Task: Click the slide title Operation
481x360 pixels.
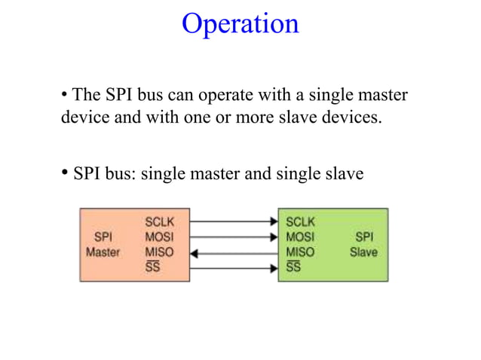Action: (240, 23)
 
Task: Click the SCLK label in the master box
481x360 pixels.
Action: (159, 222)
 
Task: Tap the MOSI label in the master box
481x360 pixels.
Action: (158, 237)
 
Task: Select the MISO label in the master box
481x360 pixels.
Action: (158, 252)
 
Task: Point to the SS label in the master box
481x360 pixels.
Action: (152, 267)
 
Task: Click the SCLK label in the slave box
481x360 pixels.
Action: (301, 222)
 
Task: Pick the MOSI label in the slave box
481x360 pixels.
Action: (300, 237)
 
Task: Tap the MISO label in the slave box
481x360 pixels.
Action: (300, 252)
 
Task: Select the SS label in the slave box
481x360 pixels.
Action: (293, 267)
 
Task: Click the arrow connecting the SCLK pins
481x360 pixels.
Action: (234, 222)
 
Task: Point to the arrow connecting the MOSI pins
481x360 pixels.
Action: (234, 237)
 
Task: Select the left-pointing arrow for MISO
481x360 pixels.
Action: (234, 253)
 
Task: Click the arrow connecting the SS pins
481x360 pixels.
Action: (234, 268)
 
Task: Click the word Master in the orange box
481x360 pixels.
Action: (103, 252)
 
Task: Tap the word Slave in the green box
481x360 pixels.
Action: (363, 252)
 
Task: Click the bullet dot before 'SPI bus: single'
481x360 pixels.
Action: (65, 172)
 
